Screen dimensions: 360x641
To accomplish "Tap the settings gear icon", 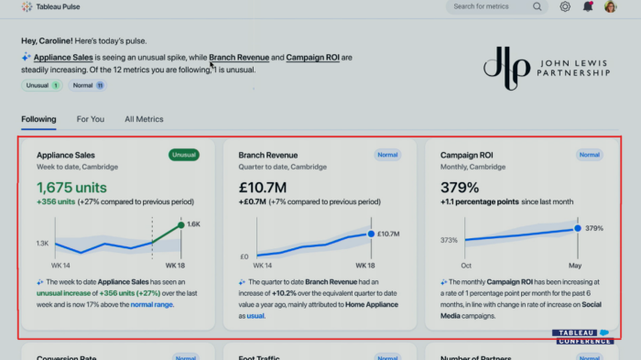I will pyautogui.click(x=565, y=6).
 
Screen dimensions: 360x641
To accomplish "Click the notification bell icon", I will pyautogui.click(x=588, y=6).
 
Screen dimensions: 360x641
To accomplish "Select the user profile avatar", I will pyautogui.click(x=610, y=6).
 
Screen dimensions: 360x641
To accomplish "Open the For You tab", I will pyautogui.click(x=91, y=119).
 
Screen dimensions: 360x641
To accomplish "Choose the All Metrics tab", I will pyautogui.click(x=144, y=119).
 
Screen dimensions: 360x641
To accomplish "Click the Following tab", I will pyautogui.click(x=38, y=119).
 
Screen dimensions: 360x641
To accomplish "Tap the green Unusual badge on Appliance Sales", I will pyautogui.click(x=184, y=155).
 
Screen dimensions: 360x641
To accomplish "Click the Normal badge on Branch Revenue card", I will pyautogui.click(x=387, y=155).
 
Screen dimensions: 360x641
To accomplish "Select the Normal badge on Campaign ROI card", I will pyautogui.click(x=589, y=155).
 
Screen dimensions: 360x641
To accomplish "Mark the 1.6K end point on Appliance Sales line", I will pyautogui.click(x=180, y=224).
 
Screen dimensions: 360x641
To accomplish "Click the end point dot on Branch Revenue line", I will pyautogui.click(x=371, y=234).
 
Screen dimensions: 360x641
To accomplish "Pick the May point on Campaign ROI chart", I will pyautogui.click(x=578, y=228).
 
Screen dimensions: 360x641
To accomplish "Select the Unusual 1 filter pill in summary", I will pyautogui.click(x=43, y=85).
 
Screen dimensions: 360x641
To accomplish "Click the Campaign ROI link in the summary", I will pyautogui.click(x=313, y=58).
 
